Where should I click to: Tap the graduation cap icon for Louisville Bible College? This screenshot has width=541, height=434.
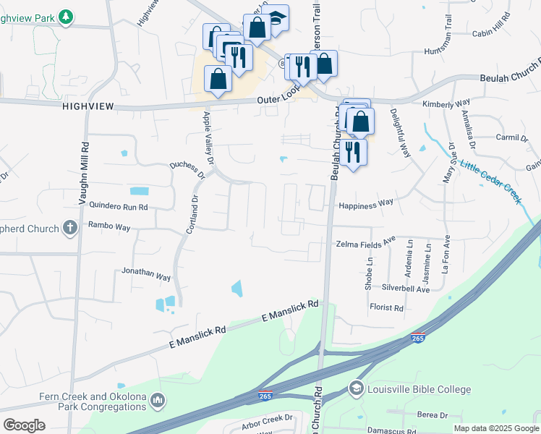[x=356, y=389]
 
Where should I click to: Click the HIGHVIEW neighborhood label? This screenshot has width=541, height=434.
[x=88, y=106]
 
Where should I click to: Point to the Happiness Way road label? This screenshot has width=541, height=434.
[x=365, y=204]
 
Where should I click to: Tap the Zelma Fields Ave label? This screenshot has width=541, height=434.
[x=366, y=244]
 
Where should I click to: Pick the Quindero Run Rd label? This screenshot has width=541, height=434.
[x=118, y=206]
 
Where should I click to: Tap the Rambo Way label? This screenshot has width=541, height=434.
[x=109, y=227]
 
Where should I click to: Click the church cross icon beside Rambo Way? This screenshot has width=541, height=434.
[x=69, y=229]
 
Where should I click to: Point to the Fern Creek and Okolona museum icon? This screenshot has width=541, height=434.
[x=158, y=400]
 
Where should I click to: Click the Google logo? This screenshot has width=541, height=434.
[x=24, y=425]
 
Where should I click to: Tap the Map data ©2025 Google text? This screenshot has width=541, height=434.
[x=495, y=428]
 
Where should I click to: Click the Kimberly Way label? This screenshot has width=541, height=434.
[x=446, y=103]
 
